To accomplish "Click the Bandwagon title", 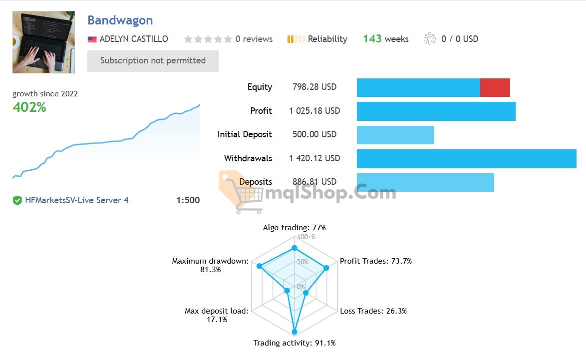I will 120,20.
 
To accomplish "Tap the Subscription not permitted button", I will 153,61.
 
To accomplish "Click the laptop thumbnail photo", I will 43,42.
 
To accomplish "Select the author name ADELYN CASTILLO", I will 133,39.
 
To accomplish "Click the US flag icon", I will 92,39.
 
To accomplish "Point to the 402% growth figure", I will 29,107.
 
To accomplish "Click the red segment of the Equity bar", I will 495,87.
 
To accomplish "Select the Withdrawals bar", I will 466,158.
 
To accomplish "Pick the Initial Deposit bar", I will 395,135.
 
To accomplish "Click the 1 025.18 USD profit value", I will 314,111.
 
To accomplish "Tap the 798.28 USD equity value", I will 314,87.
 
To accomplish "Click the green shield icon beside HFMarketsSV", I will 17,201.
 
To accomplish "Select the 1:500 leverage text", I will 188,201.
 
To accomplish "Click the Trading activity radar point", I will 294,332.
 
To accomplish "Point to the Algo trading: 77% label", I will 294,228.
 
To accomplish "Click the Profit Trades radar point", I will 326,268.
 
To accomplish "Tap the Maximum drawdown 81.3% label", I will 210,265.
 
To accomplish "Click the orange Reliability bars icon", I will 295,39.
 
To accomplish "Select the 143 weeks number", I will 372,39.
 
